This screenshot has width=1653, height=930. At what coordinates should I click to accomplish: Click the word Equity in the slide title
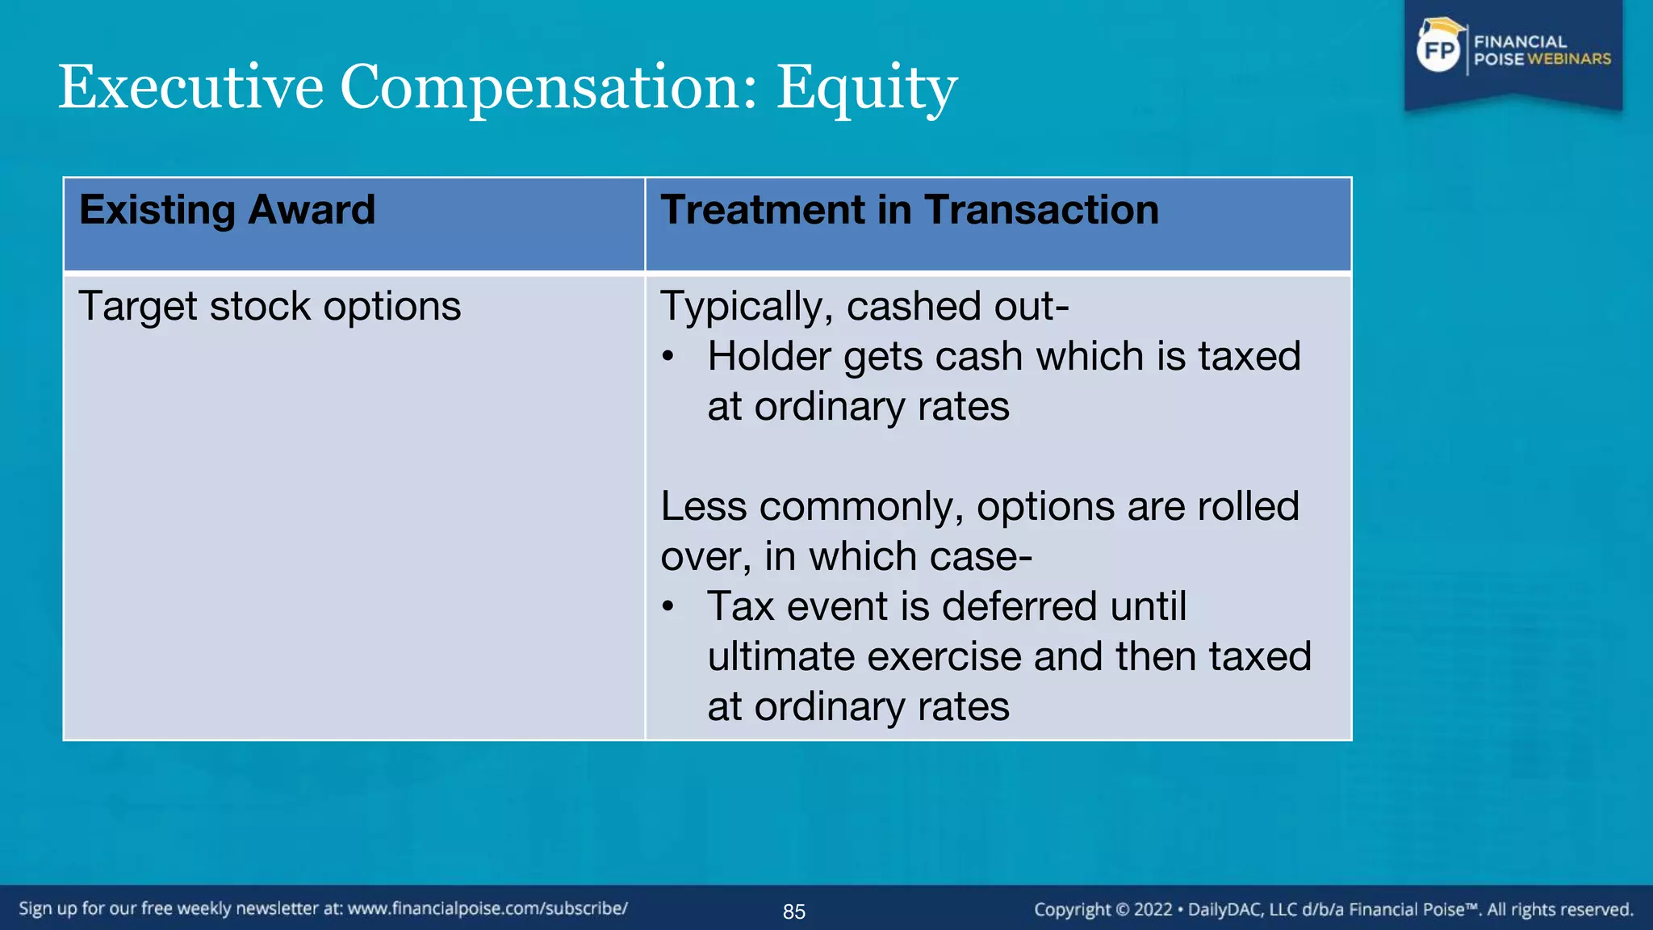(x=867, y=88)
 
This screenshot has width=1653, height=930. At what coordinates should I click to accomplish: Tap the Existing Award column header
(x=228, y=210)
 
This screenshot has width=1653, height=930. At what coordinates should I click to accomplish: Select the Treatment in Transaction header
(x=910, y=210)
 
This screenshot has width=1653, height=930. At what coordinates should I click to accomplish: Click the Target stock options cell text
(x=270, y=307)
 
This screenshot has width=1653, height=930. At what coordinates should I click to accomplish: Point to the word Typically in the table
(x=747, y=308)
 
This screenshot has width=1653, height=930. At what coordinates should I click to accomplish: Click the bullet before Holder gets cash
(x=667, y=357)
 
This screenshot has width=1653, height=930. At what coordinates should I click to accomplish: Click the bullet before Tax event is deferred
(x=667, y=607)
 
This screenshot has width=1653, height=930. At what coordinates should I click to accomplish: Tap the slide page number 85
(x=794, y=911)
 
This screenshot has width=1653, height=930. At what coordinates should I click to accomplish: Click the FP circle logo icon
(x=1439, y=51)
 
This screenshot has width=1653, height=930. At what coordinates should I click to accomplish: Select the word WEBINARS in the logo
(x=1569, y=59)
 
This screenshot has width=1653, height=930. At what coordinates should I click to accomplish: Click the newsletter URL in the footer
(x=488, y=909)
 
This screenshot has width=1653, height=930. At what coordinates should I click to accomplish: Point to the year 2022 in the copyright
(x=1153, y=910)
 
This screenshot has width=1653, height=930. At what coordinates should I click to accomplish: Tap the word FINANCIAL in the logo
(x=1520, y=42)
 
